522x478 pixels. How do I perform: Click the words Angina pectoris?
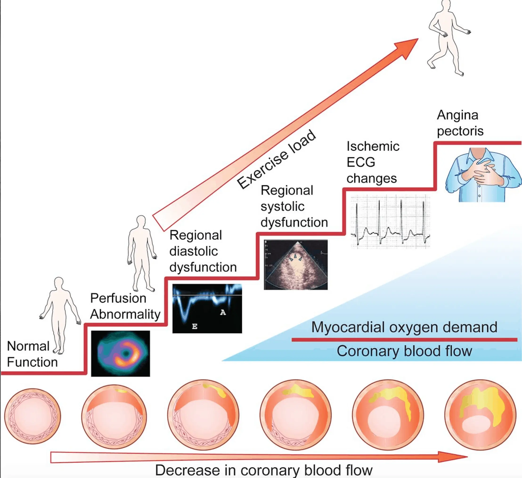click(x=460, y=123)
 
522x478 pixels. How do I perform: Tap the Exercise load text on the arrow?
click(x=277, y=160)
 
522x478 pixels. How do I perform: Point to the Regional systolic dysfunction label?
click(x=294, y=206)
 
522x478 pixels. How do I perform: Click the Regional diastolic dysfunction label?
click(x=203, y=251)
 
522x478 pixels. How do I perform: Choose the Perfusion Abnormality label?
click(x=125, y=306)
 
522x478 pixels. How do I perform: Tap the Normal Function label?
click(x=32, y=354)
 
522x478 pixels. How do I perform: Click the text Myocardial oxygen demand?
click(x=404, y=327)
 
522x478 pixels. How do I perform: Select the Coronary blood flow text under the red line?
click(x=404, y=351)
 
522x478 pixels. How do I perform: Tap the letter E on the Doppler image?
click(x=195, y=327)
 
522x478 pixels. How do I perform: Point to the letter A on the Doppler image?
click(x=223, y=313)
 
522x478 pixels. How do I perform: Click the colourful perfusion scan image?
click(x=120, y=353)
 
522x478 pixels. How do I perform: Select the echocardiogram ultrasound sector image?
click(x=296, y=264)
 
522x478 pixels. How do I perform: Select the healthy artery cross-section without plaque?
click(x=32, y=416)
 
